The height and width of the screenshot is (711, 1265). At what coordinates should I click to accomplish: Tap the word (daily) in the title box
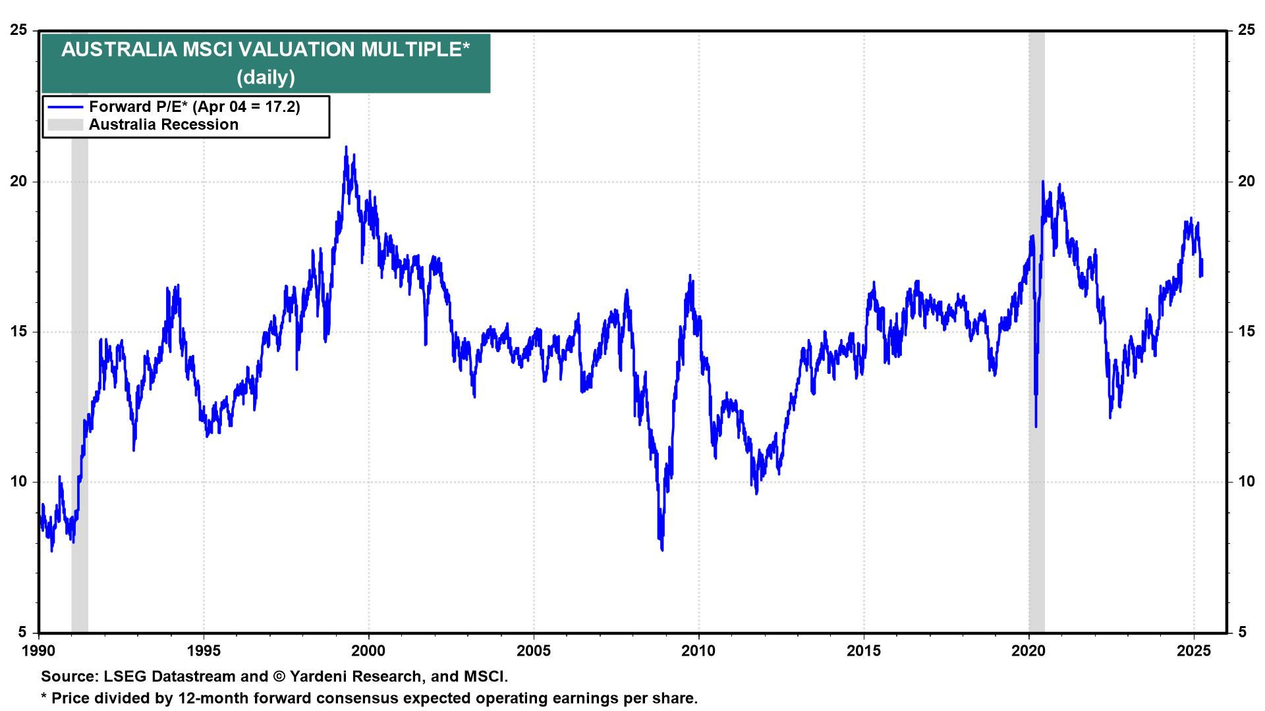coord(266,77)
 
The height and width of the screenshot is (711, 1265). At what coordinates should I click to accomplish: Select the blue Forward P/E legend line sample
coord(65,107)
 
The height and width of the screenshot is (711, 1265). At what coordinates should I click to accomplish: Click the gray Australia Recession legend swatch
coord(65,124)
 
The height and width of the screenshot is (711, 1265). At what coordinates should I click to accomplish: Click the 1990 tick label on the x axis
coord(39,651)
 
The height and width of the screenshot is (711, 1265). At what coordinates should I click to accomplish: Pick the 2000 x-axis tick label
coord(368,651)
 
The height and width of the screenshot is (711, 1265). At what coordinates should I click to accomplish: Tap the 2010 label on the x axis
coord(698,651)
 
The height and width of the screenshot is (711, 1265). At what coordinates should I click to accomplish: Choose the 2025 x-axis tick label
coord(1193,651)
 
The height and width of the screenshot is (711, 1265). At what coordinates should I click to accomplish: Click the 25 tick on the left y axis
coord(19,30)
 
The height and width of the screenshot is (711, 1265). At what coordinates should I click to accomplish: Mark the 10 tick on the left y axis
coord(19,482)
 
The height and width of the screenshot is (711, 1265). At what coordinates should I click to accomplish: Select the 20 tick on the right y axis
coord(1247,181)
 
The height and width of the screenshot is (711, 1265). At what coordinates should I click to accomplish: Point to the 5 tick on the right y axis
coord(1243,632)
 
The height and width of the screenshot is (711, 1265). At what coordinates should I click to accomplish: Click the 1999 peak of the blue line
coord(346,147)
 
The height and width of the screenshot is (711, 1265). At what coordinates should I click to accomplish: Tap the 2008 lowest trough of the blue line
coord(661,549)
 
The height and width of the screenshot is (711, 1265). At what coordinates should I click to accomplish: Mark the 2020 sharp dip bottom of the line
coord(1036,426)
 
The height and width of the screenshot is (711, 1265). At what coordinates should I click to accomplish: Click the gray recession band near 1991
coord(80,329)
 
